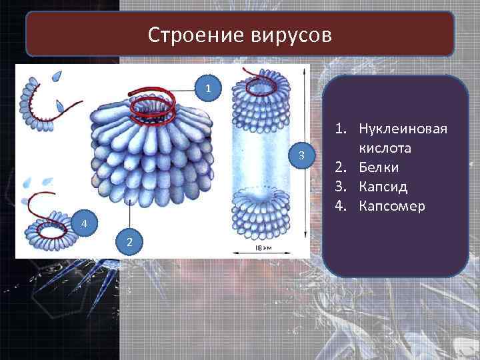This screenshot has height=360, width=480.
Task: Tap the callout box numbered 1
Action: (x=209, y=87)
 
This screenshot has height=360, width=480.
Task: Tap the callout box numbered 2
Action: (x=130, y=241)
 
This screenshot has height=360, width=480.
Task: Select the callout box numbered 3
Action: (x=302, y=155)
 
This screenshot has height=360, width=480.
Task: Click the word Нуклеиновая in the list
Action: (x=402, y=127)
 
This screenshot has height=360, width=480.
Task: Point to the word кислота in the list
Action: (x=388, y=147)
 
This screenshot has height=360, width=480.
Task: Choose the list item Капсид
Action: (x=383, y=187)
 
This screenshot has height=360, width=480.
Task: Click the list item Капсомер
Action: (x=391, y=207)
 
